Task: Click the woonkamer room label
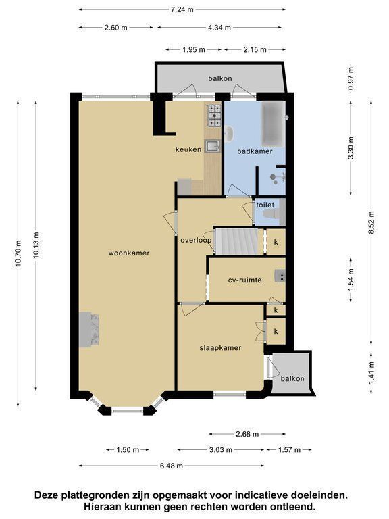coord(129,253)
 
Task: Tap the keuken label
coord(188,149)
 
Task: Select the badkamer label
coord(255,151)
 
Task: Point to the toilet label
coord(265,205)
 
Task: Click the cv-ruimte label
coord(244,280)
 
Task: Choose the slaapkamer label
coord(220,348)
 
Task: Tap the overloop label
coord(196,240)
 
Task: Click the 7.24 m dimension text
coord(182,9)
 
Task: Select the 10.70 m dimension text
coord(18,253)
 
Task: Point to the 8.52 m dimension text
coord(372,222)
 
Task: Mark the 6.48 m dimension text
coord(172,466)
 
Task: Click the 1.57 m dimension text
coord(289,449)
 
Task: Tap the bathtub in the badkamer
coord(274,124)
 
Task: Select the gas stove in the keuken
coord(214,116)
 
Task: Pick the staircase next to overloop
coord(236,241)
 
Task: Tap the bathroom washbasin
coord(229,134)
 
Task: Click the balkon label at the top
coord(220,78)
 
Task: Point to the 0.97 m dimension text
coord(351,78)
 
